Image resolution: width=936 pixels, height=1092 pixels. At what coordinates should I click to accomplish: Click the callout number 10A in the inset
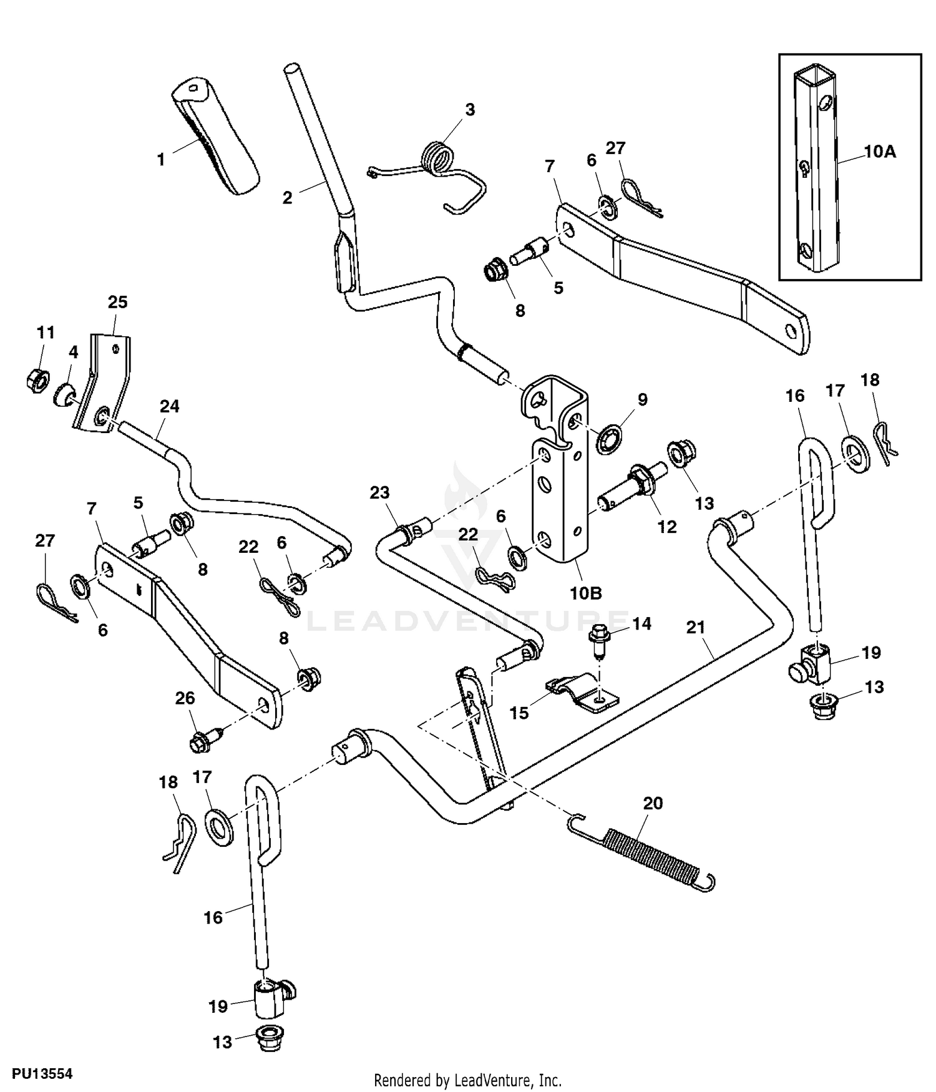point(879,152)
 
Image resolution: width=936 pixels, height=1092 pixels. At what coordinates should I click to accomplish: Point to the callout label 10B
point(585,593)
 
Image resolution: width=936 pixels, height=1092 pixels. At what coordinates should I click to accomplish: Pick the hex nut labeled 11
point(37,379)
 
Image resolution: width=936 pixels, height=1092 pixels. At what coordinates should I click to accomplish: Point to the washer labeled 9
point(607,441)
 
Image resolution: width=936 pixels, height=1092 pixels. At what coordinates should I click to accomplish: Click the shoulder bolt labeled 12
point(630,490)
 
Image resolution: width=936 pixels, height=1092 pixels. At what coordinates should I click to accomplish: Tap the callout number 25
point(117,302)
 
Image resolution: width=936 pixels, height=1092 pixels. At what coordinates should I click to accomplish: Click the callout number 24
point(169,406)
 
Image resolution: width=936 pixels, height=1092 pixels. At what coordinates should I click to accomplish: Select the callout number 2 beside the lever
point(287,198)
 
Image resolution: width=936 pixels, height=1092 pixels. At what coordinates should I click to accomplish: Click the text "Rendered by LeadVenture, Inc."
point(467,1080)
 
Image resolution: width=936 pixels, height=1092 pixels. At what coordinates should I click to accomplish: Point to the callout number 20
point(653,803)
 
